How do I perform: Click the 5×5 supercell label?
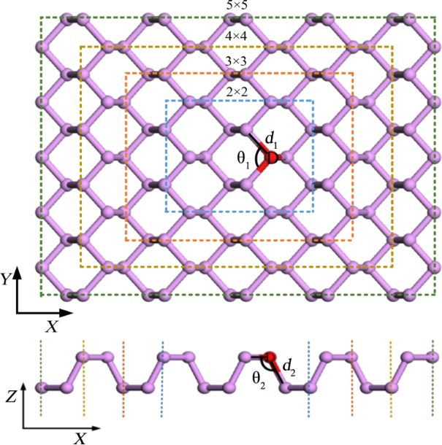pyautogui.click(x=238, y=5)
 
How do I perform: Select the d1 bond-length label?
pyautogui.click(x=271, y=139)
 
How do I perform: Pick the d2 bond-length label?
pyautogui.click(x=289, y=365)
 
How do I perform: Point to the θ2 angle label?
pyautogui.click(x=258, y=377)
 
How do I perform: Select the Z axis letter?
pyautogui.click(x=9, y=397)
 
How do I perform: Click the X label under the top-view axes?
pyautogui.click(x=52, y=328)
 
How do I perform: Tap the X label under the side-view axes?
pyautogui.click(x=77, y=437)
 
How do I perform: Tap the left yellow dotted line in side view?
pyautogui.click(x=84, y=379)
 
